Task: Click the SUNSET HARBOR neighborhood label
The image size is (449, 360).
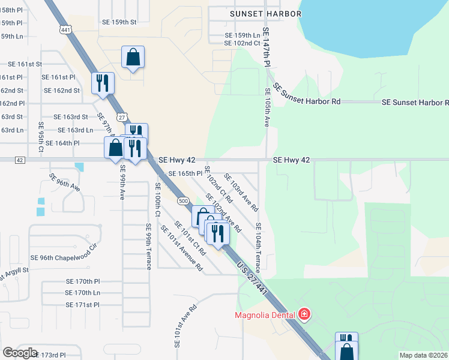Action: click(x=261, y=13)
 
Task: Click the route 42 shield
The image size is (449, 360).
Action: click(x=20, y=160)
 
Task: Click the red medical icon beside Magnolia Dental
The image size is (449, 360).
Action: click(x=304, y=314)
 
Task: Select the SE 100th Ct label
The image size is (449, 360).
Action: click(x=158, y=201)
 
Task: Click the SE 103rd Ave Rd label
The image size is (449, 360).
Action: click(x=241, y=192)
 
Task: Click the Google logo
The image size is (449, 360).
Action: click(x=20, y=353)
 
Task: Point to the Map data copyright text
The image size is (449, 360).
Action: click(x=424, y=355)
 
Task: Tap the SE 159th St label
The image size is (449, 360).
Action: click(x=117, y=22)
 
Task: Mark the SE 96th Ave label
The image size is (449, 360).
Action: click(x=65, y=182)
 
